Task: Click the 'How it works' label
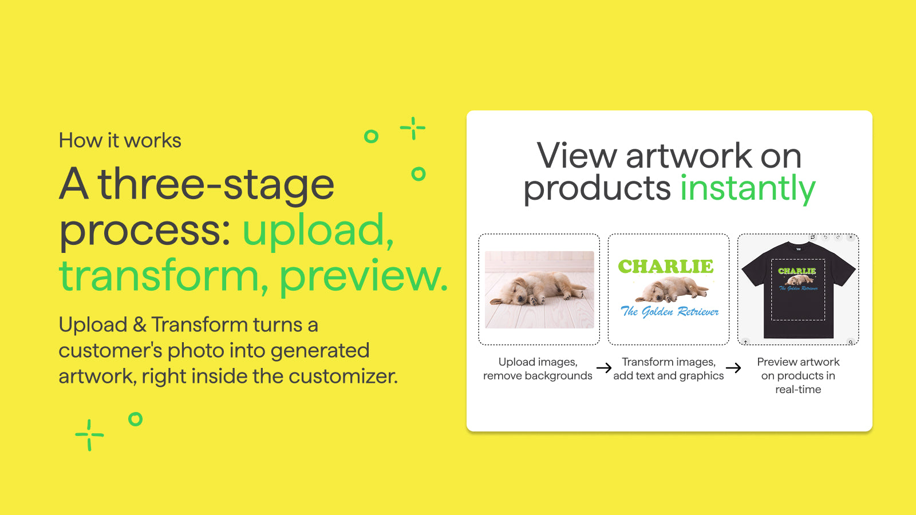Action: click(120, 140)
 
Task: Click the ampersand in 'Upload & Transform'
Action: click(140, 325)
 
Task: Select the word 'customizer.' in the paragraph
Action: click(343, 376)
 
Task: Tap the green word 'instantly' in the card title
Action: click(748, 189)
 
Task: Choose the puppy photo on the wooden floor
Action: click(539, 290)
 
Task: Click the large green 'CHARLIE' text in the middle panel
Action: click(666, 267)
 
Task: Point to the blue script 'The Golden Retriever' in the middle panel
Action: click(669, 311)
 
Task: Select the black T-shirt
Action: click(798, 290)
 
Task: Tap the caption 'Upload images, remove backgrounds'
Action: click(538, 369)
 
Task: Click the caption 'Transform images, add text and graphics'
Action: click(669, 369)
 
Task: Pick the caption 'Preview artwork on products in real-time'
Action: click(798, 375)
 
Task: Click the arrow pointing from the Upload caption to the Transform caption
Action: click(603, 368)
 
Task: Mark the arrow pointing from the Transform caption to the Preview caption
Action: click(733, 368)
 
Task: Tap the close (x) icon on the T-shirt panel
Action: click(851, 237)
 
